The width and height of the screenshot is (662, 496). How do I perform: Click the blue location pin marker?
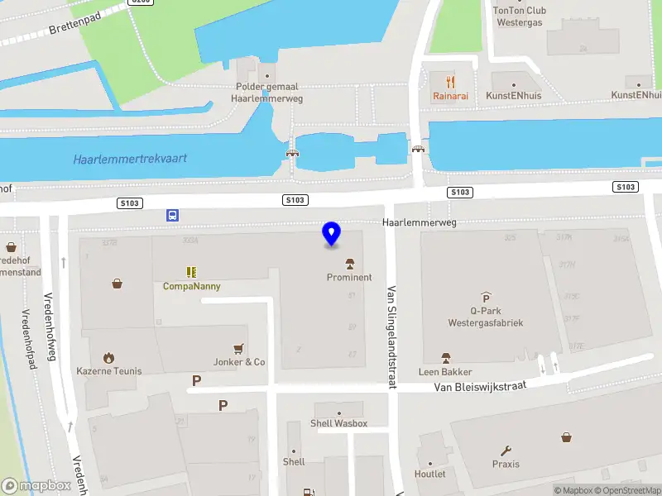[331, 234]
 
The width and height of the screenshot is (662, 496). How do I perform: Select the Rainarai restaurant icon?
[450, 82]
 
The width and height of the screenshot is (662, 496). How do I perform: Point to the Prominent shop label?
[349, 278]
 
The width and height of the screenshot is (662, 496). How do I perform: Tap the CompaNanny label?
[191, 286]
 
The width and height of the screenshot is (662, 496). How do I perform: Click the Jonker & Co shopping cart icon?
[239, 348]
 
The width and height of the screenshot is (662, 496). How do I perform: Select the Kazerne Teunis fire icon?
[108, 358]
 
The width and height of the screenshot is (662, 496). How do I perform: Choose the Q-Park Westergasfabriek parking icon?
[486, 298]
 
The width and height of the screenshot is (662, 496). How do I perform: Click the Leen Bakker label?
[445, 372]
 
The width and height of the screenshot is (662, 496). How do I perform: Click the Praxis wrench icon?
[506, 451]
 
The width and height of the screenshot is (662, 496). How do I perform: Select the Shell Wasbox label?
[338, 424]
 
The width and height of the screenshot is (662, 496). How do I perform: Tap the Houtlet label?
[430, 475]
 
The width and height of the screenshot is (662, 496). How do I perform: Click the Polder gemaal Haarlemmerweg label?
[266, 92]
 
